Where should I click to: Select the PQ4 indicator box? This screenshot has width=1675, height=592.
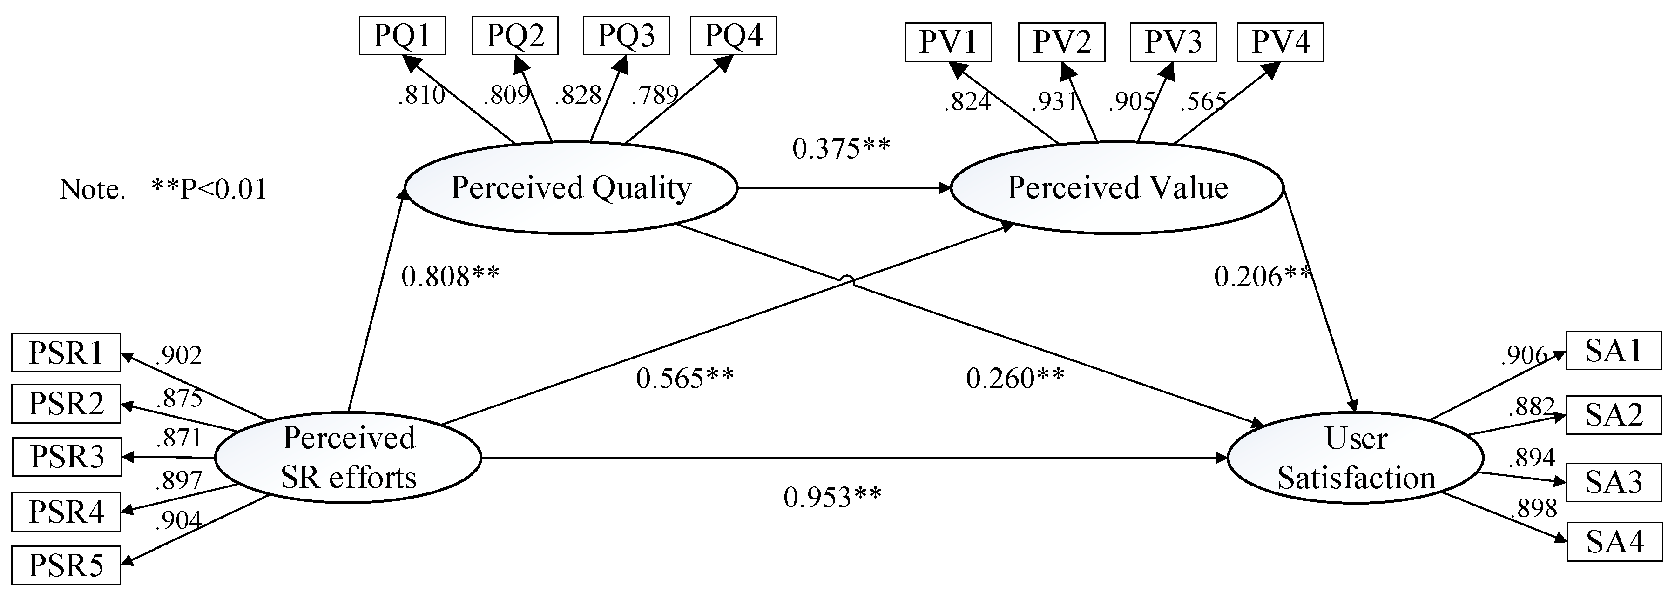[x=734, y=36]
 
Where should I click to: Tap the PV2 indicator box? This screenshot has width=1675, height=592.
[x=1061, y=42]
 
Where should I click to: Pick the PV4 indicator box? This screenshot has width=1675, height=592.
[x=1280, y=42]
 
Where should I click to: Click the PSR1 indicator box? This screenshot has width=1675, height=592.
[x=66, y=353]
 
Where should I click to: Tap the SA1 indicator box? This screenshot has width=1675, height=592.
[x=1613, y=351]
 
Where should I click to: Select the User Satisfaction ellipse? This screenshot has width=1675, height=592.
[x=1356, y=458]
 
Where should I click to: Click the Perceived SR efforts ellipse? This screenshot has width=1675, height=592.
[x=348, y=458]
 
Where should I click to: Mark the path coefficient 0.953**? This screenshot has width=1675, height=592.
[x=832, y=497]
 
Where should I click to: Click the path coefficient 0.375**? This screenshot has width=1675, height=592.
[x=841, y=149]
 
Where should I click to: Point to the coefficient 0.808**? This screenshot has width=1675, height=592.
[x=450, y=277]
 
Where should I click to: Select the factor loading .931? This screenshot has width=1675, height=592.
[x=1055, y=101]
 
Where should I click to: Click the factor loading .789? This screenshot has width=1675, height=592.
[x=655, y=95]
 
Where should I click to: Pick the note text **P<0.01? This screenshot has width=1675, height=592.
[x=209, y=189]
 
